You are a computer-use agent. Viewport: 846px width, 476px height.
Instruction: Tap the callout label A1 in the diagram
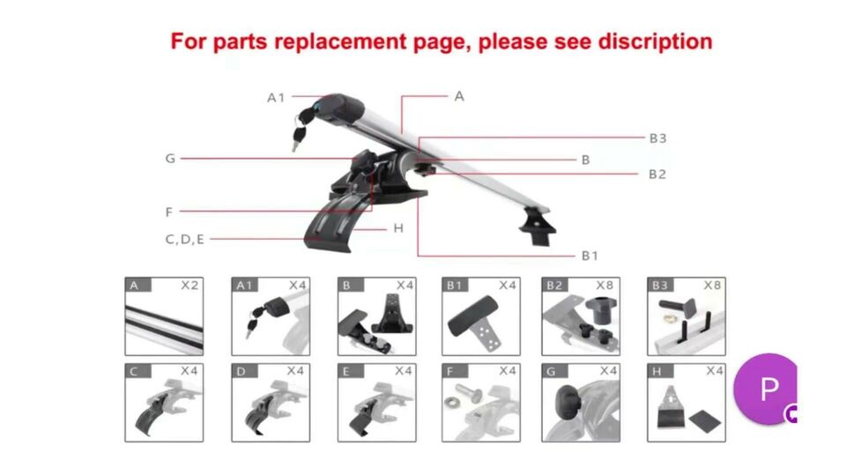276,98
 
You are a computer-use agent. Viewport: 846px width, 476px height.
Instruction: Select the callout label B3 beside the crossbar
657,138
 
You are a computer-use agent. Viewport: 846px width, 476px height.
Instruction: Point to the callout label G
170,159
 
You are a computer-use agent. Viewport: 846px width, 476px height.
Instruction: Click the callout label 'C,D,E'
184,239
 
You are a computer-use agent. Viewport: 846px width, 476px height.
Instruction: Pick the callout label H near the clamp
398,228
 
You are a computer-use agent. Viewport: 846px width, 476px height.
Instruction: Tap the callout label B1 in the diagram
590,256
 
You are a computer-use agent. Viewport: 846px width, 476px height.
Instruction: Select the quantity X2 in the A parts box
189,285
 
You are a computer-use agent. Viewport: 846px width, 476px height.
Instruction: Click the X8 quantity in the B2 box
605,285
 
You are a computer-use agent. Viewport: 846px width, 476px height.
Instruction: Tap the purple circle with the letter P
766,389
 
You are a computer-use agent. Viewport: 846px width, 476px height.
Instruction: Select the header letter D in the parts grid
241,371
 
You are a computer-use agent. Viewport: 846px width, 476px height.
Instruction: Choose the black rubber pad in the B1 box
472,315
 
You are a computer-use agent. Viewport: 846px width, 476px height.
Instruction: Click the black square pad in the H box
705,420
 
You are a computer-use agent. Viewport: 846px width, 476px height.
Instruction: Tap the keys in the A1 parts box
253,321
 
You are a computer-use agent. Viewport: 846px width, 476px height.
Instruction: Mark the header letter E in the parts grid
345,371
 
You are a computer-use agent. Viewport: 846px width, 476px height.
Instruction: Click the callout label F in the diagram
169,212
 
